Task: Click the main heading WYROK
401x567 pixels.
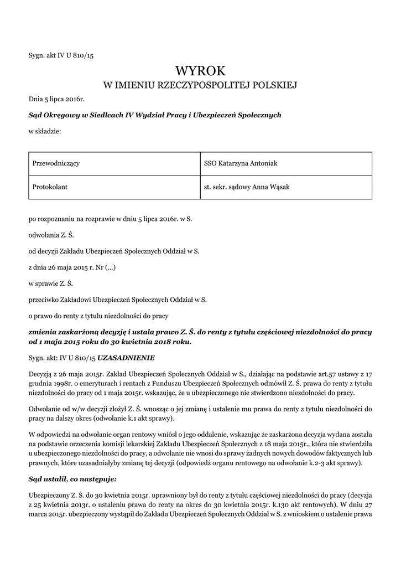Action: [200, 70]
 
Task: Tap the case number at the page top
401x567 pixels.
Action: [61, 55]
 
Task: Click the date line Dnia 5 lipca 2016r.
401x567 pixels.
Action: [56, 100]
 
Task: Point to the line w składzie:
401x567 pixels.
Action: [45, 132]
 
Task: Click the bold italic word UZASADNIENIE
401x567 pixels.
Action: [126, 358]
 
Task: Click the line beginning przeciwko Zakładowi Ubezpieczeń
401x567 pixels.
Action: [117, 299]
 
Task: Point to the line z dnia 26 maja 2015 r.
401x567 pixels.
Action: [72, 267]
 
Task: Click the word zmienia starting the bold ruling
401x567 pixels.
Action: [43, 331]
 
